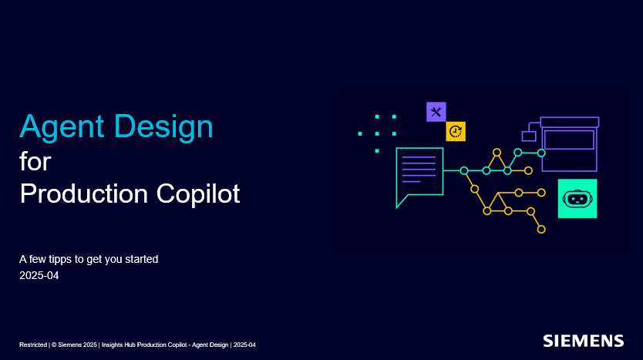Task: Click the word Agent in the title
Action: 62,127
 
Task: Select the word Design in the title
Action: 163,127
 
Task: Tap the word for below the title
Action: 35,161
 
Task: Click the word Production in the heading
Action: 84,193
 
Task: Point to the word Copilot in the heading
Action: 198,193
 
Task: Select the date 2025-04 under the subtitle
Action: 39,275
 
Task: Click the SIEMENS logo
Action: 583,341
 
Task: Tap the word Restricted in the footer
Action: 33,345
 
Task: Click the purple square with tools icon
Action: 436,112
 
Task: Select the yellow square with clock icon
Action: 456,131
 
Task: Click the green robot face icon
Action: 577,198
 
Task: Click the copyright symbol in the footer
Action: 54,345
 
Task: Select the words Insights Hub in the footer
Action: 119,345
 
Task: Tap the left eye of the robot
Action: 573,199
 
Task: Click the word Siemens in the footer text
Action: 70,345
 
